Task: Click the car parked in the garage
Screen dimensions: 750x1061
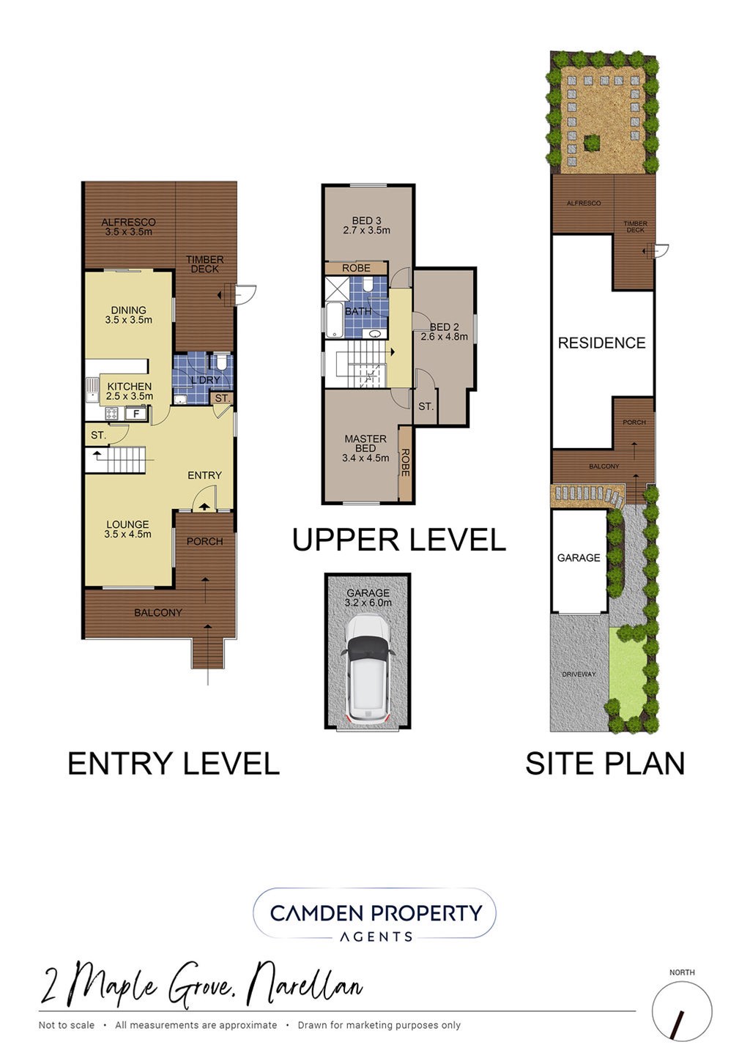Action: (367, 669)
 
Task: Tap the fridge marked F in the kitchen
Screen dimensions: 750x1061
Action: (136, 414)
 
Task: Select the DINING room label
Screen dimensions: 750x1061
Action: (129, 310)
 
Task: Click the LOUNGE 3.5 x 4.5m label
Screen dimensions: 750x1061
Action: (128, 529)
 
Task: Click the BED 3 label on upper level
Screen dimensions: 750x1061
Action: (366, 220)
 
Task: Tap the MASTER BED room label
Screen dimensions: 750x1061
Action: (365, 443)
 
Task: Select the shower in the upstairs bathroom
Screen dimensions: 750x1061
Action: (338, 288)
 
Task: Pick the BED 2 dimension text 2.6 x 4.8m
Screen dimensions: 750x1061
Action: (445, 337)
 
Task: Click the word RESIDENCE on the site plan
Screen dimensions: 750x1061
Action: (602, 343)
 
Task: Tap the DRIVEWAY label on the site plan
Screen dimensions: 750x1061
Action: (579, 674)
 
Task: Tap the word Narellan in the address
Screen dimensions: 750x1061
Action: (307, 984)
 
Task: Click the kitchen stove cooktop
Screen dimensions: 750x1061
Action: (114, 414)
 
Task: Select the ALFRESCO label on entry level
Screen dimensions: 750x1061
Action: (128, 222)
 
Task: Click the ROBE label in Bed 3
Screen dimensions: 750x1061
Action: (356, 268)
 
